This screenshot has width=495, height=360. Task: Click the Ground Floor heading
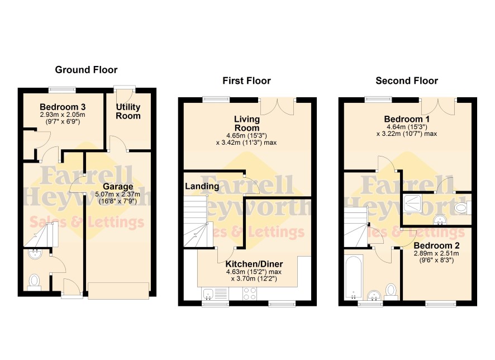pos(86,70)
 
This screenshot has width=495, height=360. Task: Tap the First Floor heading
pos(246,81)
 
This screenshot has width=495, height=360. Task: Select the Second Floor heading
pos(407,81)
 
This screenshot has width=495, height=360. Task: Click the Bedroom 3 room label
pos(63,107)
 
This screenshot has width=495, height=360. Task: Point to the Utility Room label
pos(128,111)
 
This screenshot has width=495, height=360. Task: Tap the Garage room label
pos(118,187)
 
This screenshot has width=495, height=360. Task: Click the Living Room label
pos(247,124)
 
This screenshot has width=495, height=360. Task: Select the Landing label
pos(202,186)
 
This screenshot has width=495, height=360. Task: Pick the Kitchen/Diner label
pos(254,264)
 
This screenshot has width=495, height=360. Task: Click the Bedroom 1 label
pos(407,120)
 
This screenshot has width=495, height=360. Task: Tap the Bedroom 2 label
pos(436,246)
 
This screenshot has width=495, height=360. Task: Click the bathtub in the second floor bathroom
pos(353,278)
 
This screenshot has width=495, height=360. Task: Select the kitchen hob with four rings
pos(249,293)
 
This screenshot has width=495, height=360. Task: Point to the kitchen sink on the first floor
pos(208,294)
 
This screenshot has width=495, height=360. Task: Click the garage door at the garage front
pos(118,291)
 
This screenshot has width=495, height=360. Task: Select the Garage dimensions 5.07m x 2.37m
pos(118,195)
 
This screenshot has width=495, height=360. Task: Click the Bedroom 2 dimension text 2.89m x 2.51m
pos(436,254)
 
